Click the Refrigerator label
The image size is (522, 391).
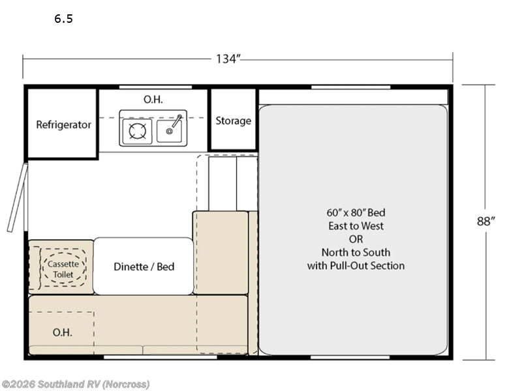[x=63, y=124]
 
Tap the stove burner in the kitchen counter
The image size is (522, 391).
[x=137, y=131]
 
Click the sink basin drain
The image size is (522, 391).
[x=169, y=132]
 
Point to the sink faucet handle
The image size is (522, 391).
[x=177, y=121]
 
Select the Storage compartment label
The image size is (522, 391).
[x=234, y=121]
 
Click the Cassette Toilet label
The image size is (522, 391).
[x=63, y=269]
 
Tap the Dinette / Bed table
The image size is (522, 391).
[x=143, y=266]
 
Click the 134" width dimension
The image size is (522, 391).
[x=228, y=59]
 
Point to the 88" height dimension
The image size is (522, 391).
[x=485, y=221]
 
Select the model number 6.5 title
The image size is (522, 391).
[x=63, y=19]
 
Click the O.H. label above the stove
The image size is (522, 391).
[x=153, y=99]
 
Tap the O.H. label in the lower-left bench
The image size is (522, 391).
[x=62, y=332]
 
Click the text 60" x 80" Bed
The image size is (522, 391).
[x=356, y=212]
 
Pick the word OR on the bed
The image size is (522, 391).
[x=356, y=239]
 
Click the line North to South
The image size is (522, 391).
[x=356, y=252]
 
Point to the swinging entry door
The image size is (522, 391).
[x=18, y=197]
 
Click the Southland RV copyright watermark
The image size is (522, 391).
[x=75, y=384]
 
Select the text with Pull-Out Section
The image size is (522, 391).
[x=356, y=266]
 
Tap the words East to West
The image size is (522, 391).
[x=356, y=225]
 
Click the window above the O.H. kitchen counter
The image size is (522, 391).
[x=155, y=87]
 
